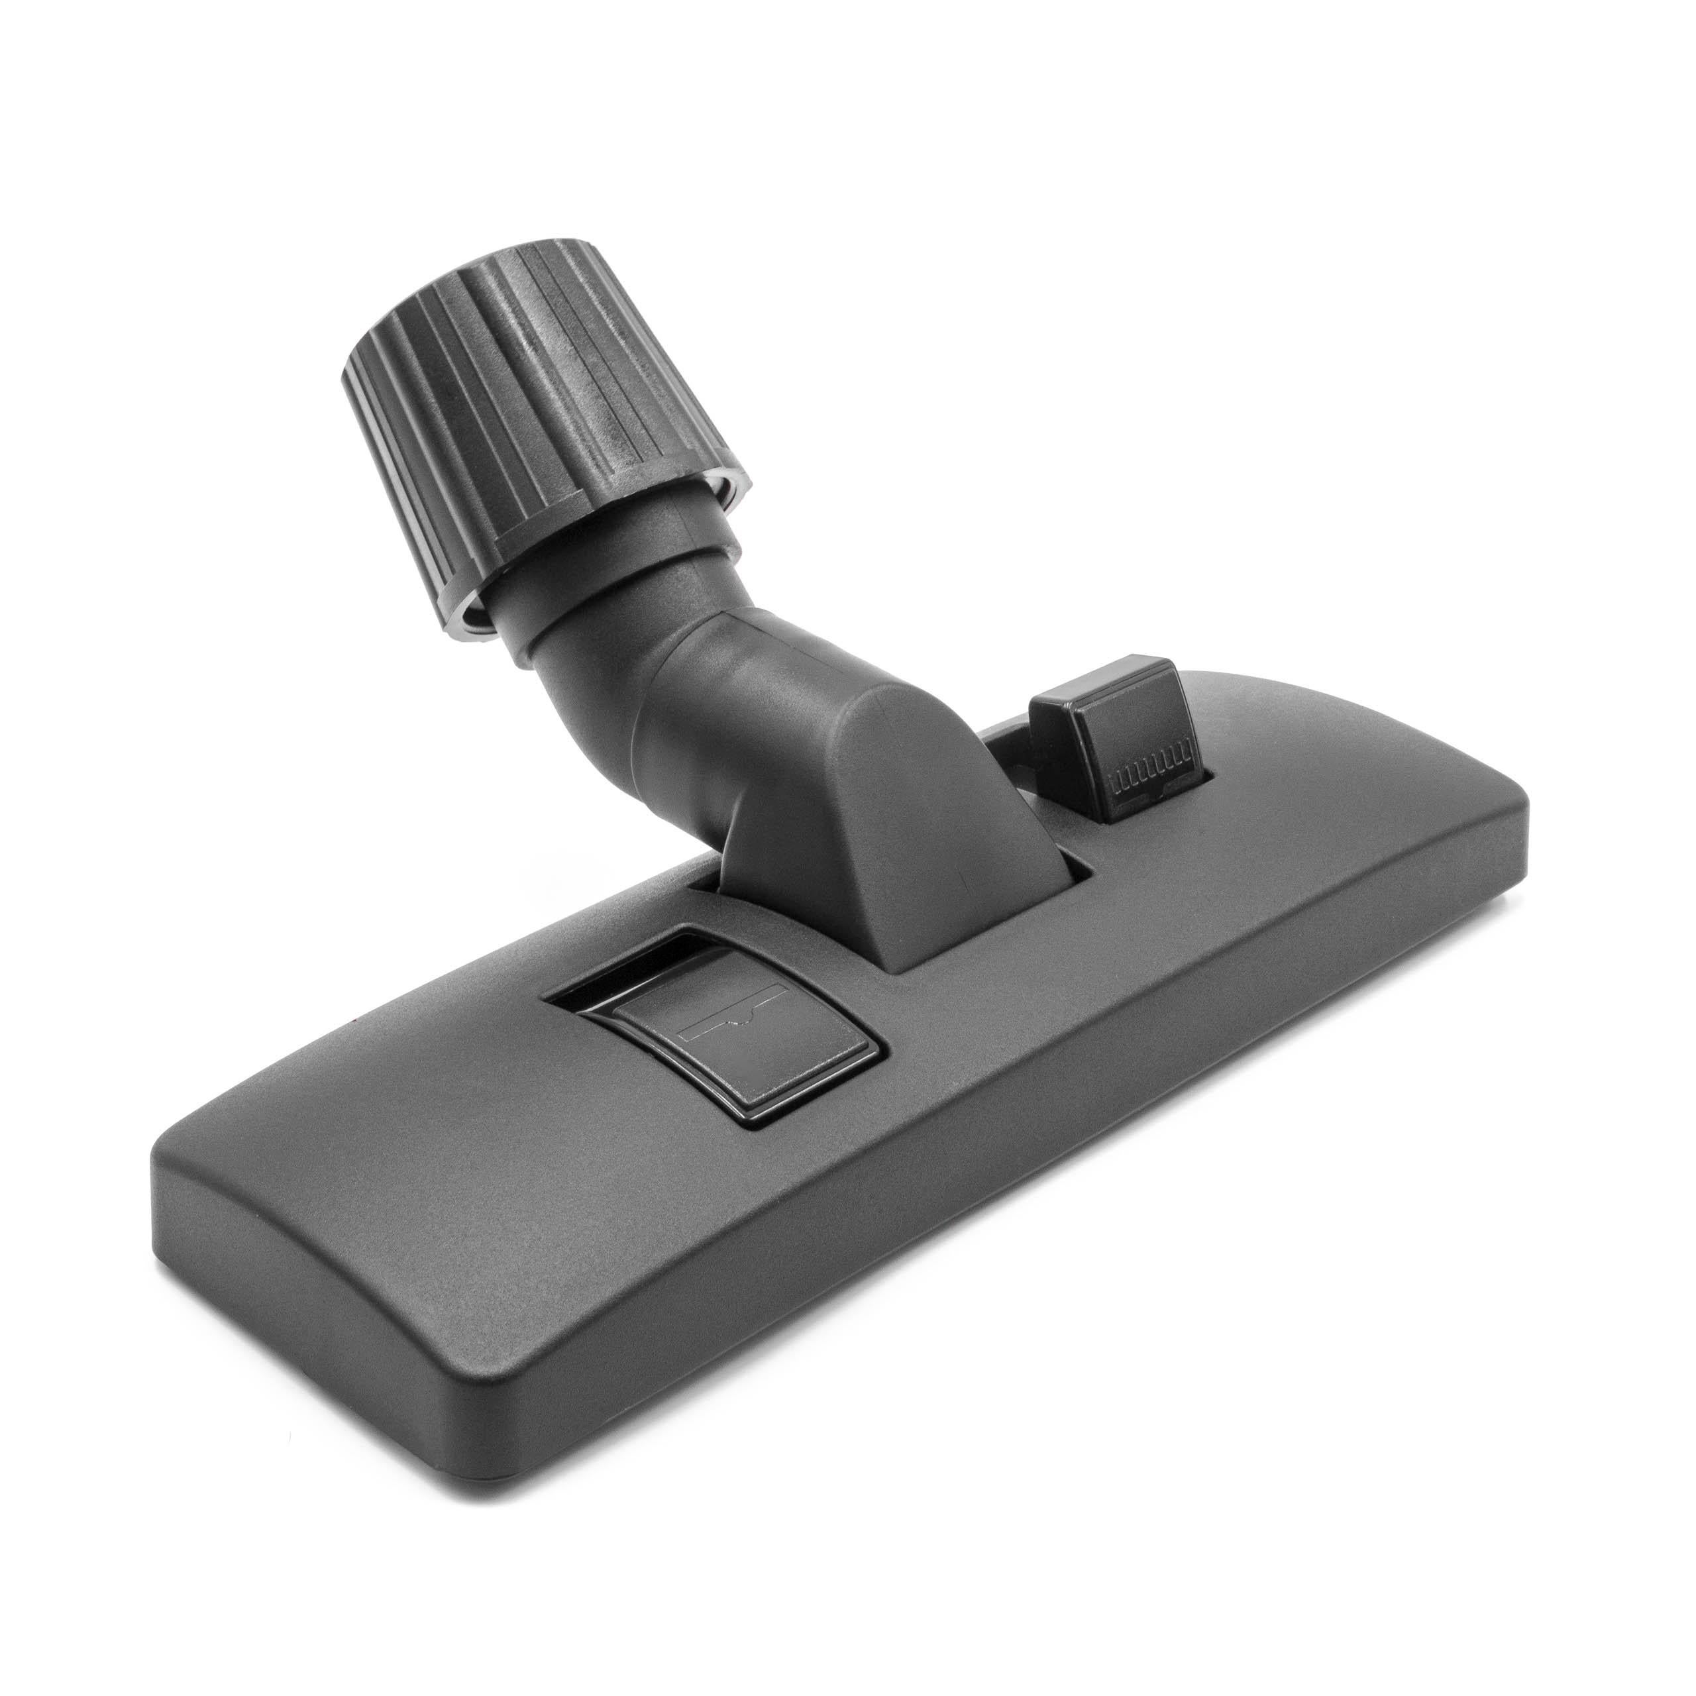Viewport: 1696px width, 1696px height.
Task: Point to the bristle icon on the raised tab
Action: pos(1150,778)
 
